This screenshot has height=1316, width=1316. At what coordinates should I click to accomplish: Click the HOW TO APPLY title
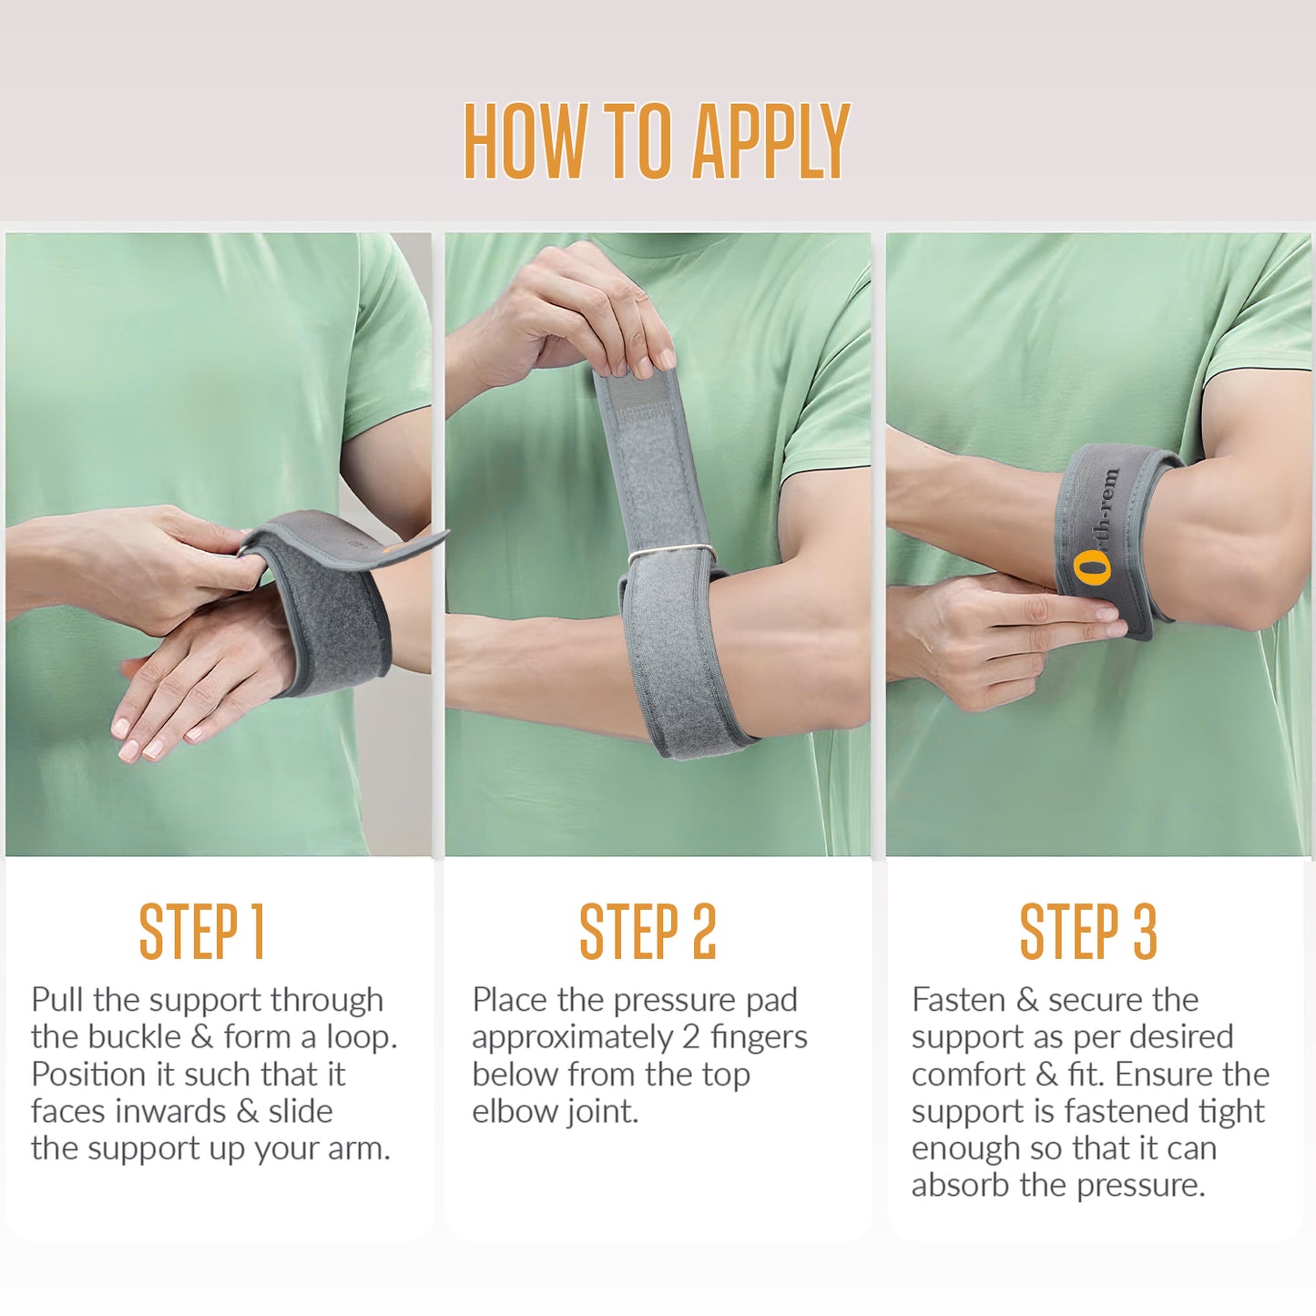[657, 141]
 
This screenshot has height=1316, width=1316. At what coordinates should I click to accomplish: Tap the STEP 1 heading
[201, 931]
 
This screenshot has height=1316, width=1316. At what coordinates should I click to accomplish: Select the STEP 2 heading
[648, 931]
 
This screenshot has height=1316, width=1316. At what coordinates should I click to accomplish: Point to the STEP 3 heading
[1087, 931]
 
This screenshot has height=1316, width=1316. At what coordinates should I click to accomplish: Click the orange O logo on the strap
[1092, 567]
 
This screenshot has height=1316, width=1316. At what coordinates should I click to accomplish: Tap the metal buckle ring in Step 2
[672, 552]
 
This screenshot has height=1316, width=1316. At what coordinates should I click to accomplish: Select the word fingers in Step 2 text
[759, 1037]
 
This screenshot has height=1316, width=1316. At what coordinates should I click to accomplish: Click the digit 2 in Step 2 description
[690, 1037]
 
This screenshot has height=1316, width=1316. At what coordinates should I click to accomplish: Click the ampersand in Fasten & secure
[1027, 1000]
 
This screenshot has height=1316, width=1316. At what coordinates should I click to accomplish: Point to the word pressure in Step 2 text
[676, 1000]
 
